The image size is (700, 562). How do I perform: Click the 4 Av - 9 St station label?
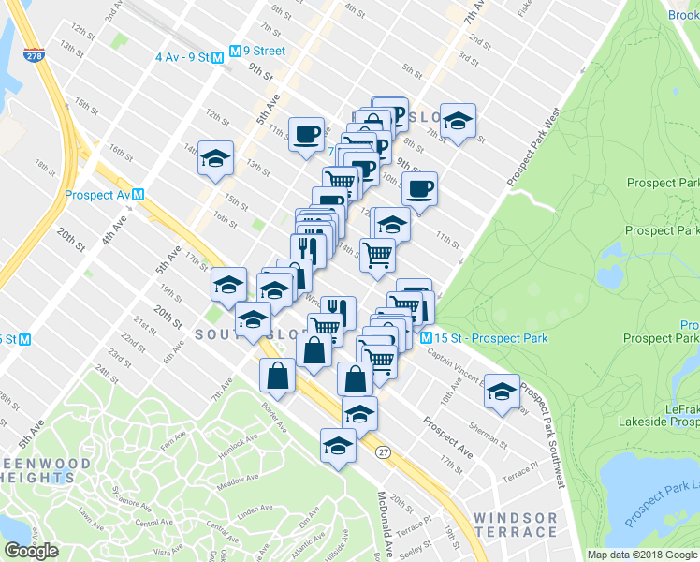(182, 56)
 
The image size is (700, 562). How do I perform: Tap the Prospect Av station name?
(97, 195)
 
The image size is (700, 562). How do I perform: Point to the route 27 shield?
(383, 451)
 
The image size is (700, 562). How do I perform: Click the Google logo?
(32, 551)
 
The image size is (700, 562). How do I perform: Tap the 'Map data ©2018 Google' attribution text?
(643, 555)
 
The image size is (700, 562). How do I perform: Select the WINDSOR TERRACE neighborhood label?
(515, 525)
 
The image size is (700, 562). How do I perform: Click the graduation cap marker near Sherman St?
(502, 391)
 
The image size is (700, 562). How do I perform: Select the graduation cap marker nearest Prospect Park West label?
(457, 122)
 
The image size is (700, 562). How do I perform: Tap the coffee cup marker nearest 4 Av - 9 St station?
(306, 134)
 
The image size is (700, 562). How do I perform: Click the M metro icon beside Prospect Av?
(138, 195)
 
